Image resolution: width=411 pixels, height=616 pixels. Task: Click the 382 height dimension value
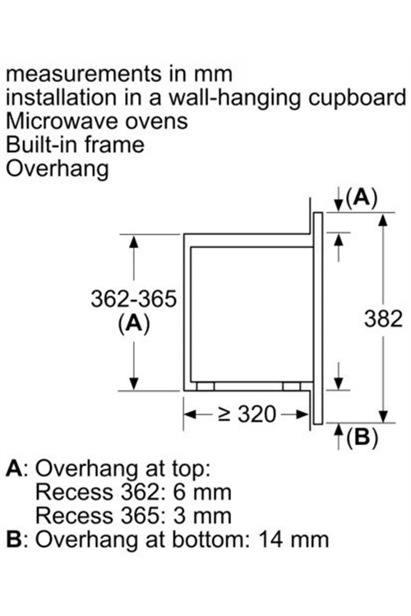coord(383,319)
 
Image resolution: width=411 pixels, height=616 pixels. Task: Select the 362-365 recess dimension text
coord(134,299)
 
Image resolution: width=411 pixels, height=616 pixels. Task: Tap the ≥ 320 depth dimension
coord(247,414)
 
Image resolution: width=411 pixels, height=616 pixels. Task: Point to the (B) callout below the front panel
coord(362,436)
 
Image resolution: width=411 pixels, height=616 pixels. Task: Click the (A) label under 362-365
coord(134,324)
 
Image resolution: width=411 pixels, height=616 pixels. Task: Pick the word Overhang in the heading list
coord(57,169)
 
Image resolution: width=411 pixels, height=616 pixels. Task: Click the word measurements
coord(84,74)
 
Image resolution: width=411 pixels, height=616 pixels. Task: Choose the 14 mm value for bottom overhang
coord(293,540)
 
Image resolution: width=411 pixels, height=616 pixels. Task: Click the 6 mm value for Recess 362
coord(202,492)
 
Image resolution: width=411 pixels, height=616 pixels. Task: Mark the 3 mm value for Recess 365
coord(202,516)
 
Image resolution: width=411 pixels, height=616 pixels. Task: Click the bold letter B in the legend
coord(14,540)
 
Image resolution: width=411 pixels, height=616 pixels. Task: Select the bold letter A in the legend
coord(14,468)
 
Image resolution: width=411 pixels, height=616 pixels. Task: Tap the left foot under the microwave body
coord(205,387)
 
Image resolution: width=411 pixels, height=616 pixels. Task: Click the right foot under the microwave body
coord(292,387)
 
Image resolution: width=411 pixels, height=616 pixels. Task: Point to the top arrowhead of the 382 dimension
coord(383,220)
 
